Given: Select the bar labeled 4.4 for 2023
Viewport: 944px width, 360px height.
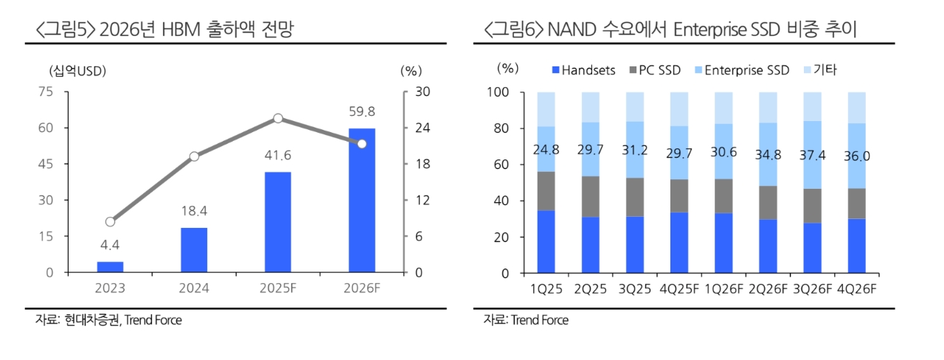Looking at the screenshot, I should pyautogui.click(x=110, y=267).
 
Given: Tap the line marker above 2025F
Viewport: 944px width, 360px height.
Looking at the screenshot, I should pyautogui.click(x=278, y=118).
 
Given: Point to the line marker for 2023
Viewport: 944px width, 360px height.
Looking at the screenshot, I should pyautogui.click(x=110, y=221).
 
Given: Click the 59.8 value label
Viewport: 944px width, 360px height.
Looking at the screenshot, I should pyautogui.click(x=361, y=112).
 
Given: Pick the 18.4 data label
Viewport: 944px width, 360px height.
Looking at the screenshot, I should pyautogui.click(x=194, y=212).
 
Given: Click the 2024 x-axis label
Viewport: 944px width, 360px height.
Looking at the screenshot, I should pyautogui.click(x=194, y=288).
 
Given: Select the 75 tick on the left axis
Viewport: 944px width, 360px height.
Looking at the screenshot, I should pyautogui.click(x=45, y=91).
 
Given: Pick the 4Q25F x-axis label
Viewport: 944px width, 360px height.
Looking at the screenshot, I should pyautogui.click(x=679, y=288).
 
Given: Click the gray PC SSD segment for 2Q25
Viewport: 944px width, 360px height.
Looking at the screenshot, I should pyautogui.click(x=590, y=196).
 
